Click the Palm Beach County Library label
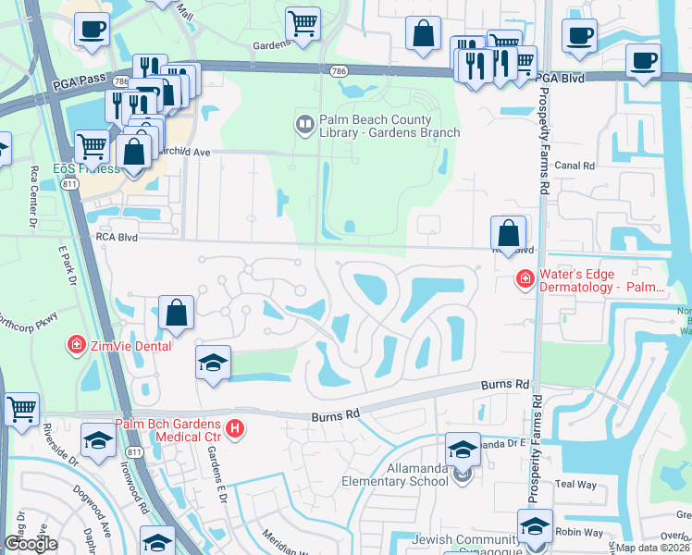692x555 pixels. pos(389,127)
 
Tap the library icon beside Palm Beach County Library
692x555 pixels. pos(304,123)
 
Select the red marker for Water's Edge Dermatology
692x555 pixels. pos(525,279)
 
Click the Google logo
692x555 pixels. pos(31,544)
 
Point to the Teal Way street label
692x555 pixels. pos(576,484)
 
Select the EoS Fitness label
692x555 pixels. pos(85,169)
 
